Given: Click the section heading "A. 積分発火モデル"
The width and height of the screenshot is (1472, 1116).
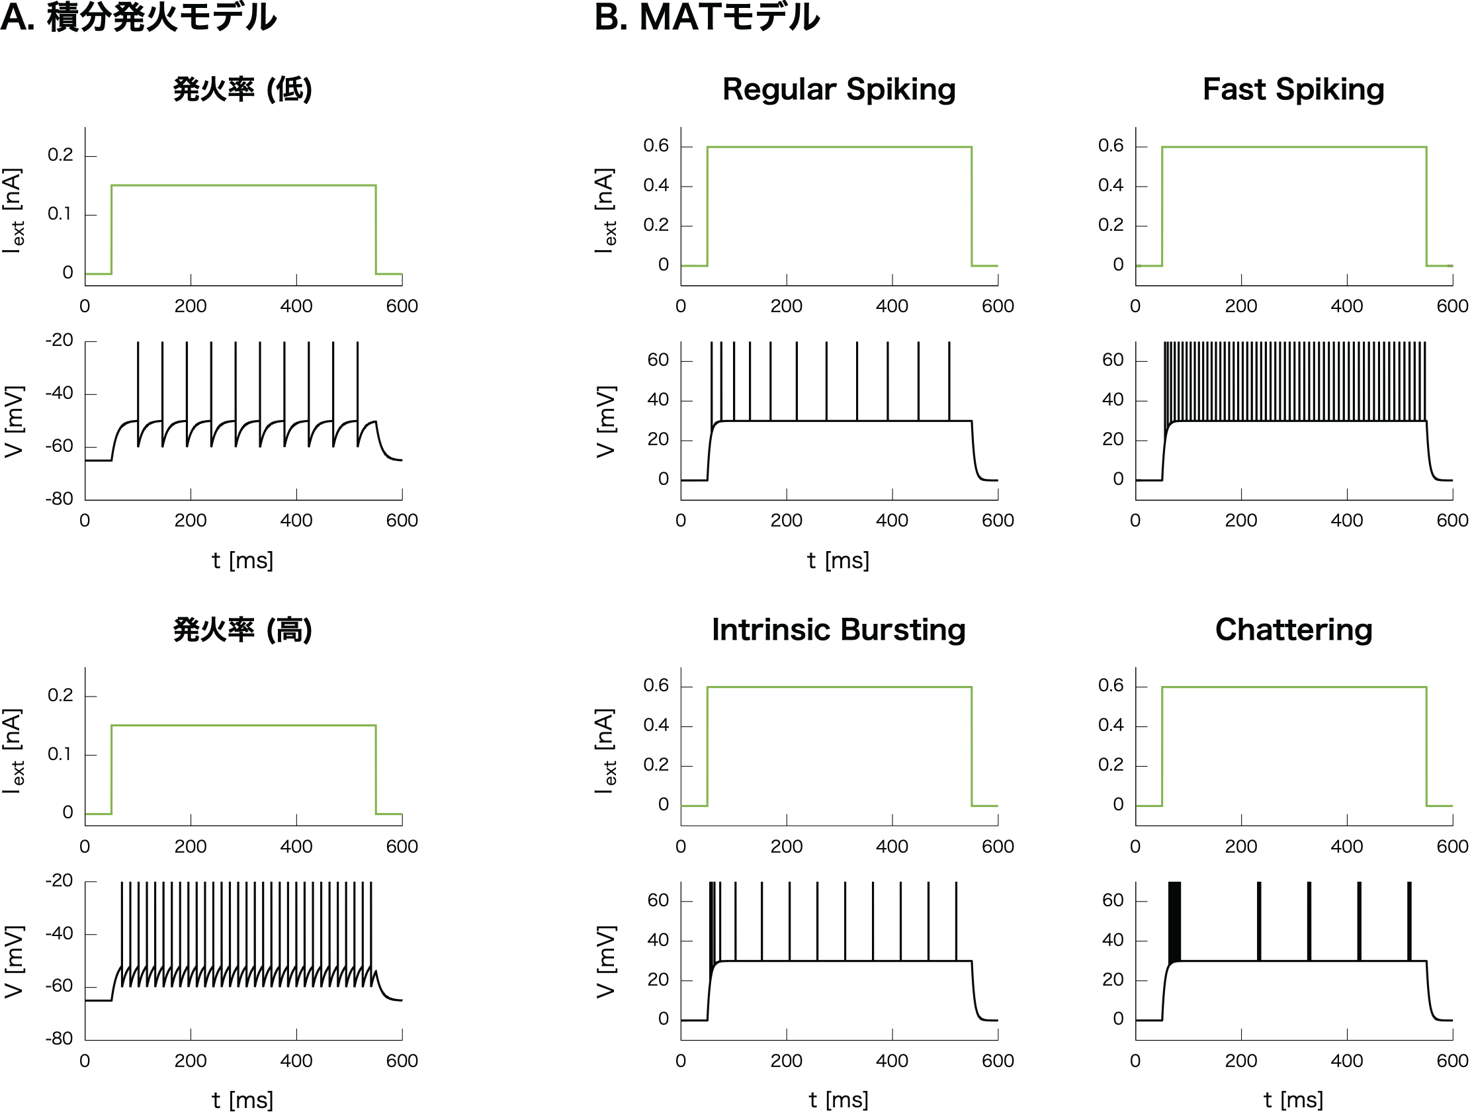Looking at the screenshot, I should pyautogui.click(x=138, y=17).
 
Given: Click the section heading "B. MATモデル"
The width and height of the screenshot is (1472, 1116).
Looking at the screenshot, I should pyautogui.click(x=707, y=17).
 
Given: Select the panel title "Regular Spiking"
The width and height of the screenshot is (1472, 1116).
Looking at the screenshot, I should pyautogui.click(x=838, y=89).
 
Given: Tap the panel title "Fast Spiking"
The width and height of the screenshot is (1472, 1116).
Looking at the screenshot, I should pyautogui.click(x=1293, y=89).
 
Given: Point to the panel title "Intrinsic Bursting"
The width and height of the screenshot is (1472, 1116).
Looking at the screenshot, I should pyautogui.click(x=838, y=630).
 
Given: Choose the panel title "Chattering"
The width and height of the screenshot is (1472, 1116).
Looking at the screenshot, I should pyautogui.click(x=1293, y=630).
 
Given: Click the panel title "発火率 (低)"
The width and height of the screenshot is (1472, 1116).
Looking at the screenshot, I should pyautogui.click(x=242, y=89).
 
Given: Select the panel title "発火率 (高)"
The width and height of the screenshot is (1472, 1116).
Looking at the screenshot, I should pyautogui.click(x=242, y=630).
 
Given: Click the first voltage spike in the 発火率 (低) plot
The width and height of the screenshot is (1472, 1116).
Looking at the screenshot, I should pyautogui.click(x=138, y=379).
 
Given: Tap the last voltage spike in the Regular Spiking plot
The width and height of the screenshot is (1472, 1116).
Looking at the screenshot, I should pyautogui.click(x=949, y=379).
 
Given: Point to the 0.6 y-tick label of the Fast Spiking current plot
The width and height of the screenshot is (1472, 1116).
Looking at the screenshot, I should pyautogui.click(x=1111, y=146).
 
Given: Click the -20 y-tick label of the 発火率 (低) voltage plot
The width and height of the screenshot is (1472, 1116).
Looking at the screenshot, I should pyautogui.click(x=60, y=340).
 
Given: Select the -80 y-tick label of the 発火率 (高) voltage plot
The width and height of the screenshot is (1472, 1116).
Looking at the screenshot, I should pyautogui.click(x=60, y=1038).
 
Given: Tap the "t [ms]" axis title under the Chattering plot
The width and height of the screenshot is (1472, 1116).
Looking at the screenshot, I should pyautogui.click(x=1293, y=1099).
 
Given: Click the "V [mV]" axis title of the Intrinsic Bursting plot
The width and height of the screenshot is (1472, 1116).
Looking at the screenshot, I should pyautogui.click(x=605, y=961).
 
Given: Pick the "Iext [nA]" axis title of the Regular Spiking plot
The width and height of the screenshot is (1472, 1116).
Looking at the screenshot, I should pyautogui.click(x=605, y=210).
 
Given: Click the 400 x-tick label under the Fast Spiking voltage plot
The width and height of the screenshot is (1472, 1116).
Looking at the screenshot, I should pyautogui.click(x=1346, y=521).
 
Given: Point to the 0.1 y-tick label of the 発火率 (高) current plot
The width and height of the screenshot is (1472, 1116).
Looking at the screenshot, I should pyautogui.click(x=60, y=754).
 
